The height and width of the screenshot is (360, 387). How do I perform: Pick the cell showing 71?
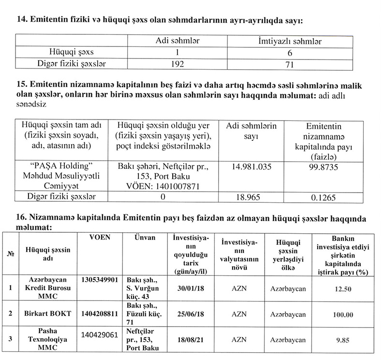[x=289, y=63]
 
